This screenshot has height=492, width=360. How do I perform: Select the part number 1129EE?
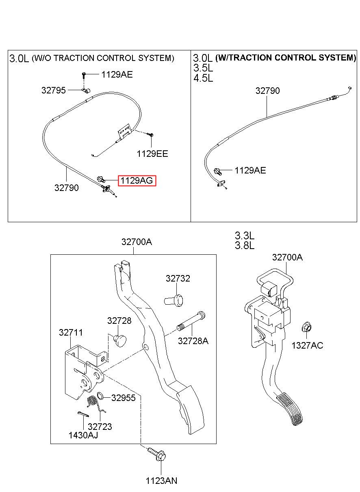[x=152, y=154]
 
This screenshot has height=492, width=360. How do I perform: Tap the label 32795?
[x=53, y=90]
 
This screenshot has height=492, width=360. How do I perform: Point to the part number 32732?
[x=178, y=278]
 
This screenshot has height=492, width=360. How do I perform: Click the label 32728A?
[x=193, y=341]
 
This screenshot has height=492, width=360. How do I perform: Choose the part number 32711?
[x=71, y=332]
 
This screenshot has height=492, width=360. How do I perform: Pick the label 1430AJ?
[x=83, y=435]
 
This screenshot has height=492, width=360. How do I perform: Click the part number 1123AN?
[x=161, y=481]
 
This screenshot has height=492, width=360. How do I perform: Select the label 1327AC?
[x=307, y=345]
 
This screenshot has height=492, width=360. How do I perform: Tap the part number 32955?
[x=123, y=398]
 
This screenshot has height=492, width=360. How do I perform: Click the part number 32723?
[x=100, y=427]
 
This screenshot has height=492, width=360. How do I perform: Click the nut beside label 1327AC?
[x=306, y=327]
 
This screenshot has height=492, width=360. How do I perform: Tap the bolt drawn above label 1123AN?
[x=156, y=454]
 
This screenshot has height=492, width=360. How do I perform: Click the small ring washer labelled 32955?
[x=101, y=397]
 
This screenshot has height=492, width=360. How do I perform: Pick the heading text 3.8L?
[x=244, y=246]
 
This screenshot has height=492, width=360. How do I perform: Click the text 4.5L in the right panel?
[x=203, y=78]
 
